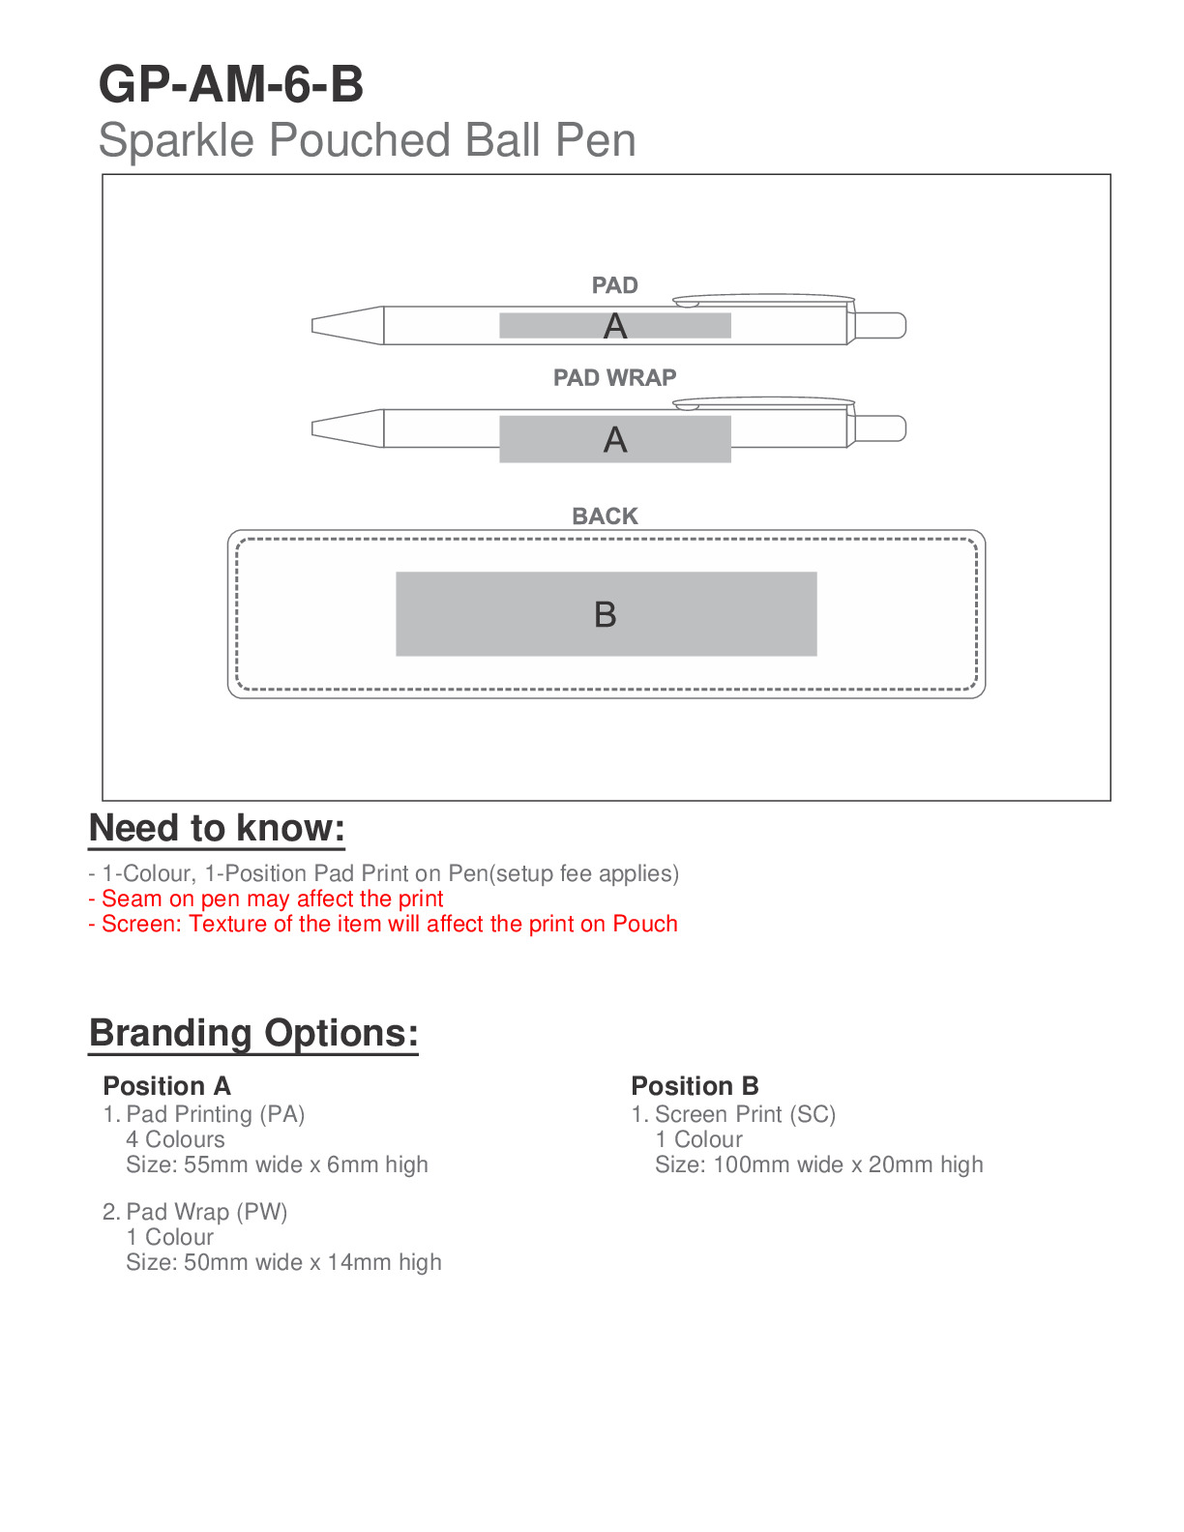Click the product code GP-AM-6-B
click(x=231, y=84)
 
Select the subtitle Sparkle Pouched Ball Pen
click(x=367, y=140)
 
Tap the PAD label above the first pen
click(x=614, y=285)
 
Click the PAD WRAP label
click(x=614, y=377)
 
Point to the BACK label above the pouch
click(x=605, y=516)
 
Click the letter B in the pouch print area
click(x=606, y=614)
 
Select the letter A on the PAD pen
click(x=615, y=327)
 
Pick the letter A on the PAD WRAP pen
click(x=615, y=440)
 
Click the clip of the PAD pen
click(x=764, y=299)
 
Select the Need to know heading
click(x=217, y=829)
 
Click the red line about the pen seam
click(x=266, y=899)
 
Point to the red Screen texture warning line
click(x=383, y=924)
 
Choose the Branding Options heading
click(x=253, y=1033)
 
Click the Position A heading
click(x=166, y=1085)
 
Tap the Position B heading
click(x=695, y=1085)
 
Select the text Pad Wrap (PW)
click(x=206, y=1212)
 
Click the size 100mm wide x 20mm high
click(x=818, y=1164)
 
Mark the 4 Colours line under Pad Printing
click(x=175, y=1139)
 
